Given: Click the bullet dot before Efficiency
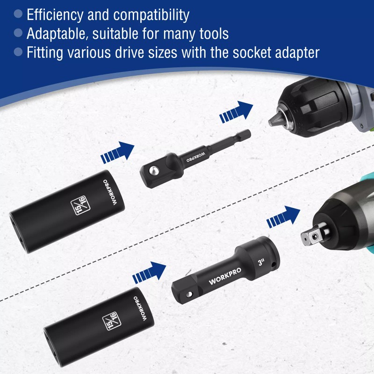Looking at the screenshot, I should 18,14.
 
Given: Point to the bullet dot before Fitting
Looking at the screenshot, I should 18,51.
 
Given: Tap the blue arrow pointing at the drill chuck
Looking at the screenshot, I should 237,113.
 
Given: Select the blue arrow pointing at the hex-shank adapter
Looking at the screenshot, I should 117,153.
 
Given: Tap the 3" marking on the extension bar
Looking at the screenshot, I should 260,258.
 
